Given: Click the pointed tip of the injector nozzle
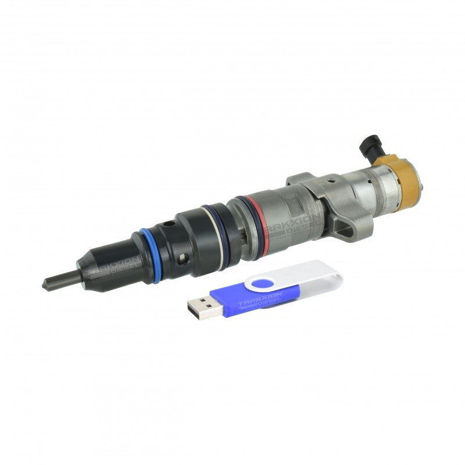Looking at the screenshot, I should pyautogui.click(x=45, y=284).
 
